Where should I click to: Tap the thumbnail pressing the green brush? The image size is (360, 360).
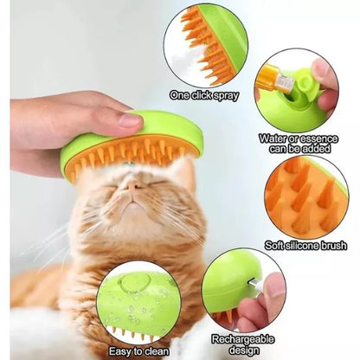tap(130, 120)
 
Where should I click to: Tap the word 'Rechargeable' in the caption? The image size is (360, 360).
tap(242, 339)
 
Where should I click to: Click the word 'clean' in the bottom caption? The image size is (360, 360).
tap(157, 351)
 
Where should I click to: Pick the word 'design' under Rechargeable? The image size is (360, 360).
tap(243, 350)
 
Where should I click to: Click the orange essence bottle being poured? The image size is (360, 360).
tap(274, 78)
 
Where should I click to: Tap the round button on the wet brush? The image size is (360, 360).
tap(136, 283)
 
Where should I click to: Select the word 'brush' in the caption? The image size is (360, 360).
tap(335, 245)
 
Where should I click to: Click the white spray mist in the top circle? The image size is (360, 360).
tap(188, 59)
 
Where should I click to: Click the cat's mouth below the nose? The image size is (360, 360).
tap(132, 200)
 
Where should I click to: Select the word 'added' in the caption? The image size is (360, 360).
tap(317, 149)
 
